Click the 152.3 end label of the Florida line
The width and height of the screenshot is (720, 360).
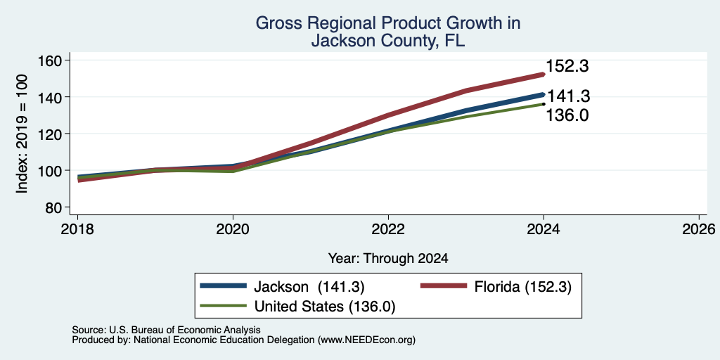[x=567, y=66]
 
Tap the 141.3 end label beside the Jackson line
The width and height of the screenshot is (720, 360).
[x=569, y=96]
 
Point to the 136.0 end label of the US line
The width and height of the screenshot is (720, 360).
[x=567, y=115]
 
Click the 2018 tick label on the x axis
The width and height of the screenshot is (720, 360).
[x=78, y=229]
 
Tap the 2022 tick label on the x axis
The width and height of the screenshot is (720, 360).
[x=388, y=229]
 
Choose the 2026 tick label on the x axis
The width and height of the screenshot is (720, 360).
[x=699, y=229]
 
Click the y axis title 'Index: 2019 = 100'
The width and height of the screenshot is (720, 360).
[x=22, y=134]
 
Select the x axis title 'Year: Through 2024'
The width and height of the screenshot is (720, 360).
[x=388, y=259]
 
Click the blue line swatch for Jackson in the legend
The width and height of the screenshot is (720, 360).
[x=223, y=286]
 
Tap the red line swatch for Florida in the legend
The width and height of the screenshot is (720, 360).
[x=444, y=286]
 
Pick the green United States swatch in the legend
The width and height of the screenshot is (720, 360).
[x=223, y=305]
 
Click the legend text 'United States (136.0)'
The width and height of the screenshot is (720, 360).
[x=325, y=306]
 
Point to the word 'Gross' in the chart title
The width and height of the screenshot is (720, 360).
[x=276, y=23]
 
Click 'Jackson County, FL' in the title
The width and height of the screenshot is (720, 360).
[x=388, y=41]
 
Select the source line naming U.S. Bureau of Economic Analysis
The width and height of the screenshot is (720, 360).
[x=166, y=330]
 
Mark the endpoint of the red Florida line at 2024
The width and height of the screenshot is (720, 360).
[x=544, y=74]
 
